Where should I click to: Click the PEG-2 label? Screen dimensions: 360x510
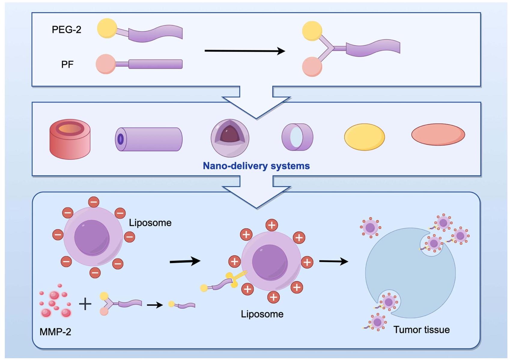click(66, 30)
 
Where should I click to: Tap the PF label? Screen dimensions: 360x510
click(67, 65)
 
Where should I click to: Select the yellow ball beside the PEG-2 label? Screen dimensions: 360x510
click(107, 28)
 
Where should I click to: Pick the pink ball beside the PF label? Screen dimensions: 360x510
click(106, 64)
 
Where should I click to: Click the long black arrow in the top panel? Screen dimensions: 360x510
click(244, 51)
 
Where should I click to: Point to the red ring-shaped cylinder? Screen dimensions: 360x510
click(70, 139)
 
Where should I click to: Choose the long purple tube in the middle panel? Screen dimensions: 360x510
click(149, 139)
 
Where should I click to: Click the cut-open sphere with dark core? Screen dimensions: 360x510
click(230, 138)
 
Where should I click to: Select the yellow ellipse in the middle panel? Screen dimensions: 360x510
click(364, 137)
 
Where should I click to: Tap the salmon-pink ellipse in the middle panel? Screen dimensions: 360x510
click(438, 135)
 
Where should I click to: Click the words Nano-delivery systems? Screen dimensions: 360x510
click(256, 166)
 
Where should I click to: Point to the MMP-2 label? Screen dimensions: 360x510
click(55, 332)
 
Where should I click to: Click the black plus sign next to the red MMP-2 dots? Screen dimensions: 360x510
click(85, 304)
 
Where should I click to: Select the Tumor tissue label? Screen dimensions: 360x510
click(421, 330)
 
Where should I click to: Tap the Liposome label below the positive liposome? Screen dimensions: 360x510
click(262, 314)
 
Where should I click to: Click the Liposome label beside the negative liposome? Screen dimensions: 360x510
click(150, 223)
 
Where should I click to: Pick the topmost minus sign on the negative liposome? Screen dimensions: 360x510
click(94, 202)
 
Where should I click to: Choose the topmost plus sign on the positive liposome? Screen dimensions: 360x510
click(272, 225)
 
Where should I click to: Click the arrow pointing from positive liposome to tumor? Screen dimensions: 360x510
click(333, 262)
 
